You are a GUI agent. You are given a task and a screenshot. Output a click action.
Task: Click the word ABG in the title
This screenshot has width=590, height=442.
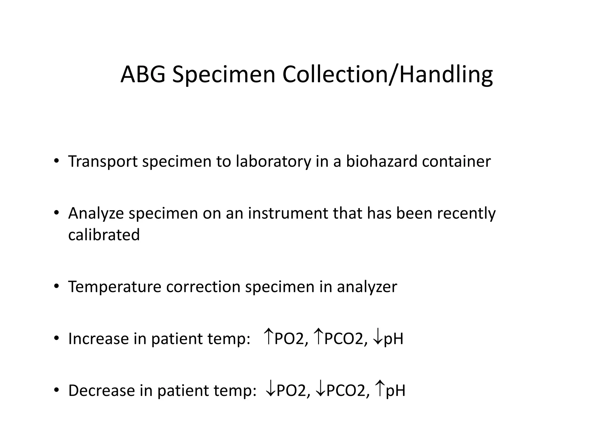click(x=143, y=75)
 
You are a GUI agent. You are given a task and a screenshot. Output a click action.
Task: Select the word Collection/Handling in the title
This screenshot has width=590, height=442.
click(x=387, y=75)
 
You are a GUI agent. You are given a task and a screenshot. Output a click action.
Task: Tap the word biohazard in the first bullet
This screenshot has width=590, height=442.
click(x=381, y=161)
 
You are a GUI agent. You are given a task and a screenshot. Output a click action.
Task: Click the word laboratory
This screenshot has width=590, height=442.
click(x=273, y=161)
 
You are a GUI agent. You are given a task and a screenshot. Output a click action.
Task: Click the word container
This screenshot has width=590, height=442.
click(x=456, y=161)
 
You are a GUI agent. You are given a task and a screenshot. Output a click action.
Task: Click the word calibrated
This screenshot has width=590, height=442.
click(x=104, y=235)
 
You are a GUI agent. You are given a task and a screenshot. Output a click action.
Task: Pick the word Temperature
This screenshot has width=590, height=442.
click(x=115, y=287)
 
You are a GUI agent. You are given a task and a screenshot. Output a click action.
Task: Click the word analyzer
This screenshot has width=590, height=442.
click(x=367, y=287)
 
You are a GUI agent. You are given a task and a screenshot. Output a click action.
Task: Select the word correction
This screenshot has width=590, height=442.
click(x=203, y=287)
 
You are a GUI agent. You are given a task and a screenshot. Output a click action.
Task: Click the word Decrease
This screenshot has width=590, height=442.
click(x=101, y=390)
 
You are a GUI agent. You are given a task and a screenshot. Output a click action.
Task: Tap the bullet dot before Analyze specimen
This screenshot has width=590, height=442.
click(x=56, y=213)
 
